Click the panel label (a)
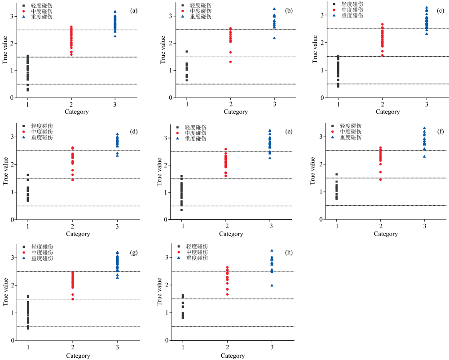(134, 11)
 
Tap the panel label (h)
(289, 253)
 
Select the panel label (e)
(289, 132)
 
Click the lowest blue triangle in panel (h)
(272, 285)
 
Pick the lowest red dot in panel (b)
(230, 62)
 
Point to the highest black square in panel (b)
(187, 52)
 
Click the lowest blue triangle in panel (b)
(274, 38)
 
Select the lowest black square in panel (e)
(181, 210)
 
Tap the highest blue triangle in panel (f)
(424, 128)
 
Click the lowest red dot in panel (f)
(381, 179)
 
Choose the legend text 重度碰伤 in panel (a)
(42, 17)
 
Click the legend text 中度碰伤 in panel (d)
(42, 132)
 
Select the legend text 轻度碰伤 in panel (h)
(197, 246)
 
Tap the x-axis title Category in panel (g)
(78, 356)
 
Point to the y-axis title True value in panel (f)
(313, 171)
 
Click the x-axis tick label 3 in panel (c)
(427, 104)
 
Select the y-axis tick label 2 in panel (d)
(13, 164)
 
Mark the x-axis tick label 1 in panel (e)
(183, 226)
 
